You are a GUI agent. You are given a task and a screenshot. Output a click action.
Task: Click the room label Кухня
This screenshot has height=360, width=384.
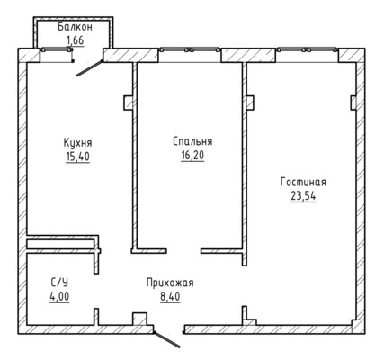pyautogui.click(x=77, y=143)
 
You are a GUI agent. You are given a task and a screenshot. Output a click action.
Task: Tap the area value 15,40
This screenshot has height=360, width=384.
pyautogui.click(x=77, y=157)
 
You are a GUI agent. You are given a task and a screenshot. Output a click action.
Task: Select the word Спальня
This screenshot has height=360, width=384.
pyautogui.click(x=192, y=141)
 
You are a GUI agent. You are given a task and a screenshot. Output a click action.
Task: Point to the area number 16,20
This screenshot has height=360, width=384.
pyautogui.click(x=192, y=155)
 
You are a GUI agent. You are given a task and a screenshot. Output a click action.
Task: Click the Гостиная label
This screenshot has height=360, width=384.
pyautogui.click(x=303, y=182)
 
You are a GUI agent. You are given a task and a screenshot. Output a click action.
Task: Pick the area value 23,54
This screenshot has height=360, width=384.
pyautogui.click(x=303, y=196)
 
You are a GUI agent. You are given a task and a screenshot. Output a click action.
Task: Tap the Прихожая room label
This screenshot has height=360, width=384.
pyautogui.click(x=170, y=283)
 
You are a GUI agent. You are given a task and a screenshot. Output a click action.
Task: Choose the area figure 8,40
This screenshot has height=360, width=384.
pyautogui.click(x=170, y=297)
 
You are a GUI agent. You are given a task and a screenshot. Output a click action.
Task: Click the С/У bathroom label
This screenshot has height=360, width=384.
pyautogui.click(x=59, y=283)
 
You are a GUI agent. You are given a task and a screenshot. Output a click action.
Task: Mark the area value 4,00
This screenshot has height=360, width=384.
pyautogui.click(x=59, y=296)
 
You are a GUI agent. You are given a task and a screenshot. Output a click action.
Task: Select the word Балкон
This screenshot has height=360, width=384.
pyautogui.click(x=76, y=27)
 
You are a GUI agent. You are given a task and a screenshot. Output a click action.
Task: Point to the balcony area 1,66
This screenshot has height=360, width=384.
pyautogui.click(x=75, y=40)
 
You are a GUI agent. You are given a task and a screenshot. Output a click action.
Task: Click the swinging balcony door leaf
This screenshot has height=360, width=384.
pyautogui.click(x=90, y=68)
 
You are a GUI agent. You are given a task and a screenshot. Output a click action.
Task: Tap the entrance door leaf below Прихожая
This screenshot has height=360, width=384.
pyautogui.click(x=166, y=339)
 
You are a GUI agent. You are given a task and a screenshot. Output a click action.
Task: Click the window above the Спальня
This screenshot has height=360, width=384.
pyautogui.click(x=190, y=50)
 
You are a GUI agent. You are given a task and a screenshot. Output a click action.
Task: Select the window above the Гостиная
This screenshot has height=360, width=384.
pyautogui.click(x=307, y=50)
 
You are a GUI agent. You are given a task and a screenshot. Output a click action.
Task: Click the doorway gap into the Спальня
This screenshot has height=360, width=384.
pyautogui.click(x=183, y=251)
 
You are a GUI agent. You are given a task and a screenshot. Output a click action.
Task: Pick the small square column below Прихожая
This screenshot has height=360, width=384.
pyautogui.click(x=139, y=319)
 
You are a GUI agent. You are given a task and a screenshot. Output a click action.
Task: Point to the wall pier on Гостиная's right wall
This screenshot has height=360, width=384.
pyautogui.click(x=353, y=103)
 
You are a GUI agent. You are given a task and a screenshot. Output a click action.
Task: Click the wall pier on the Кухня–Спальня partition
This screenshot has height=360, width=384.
pyautogui.click(x=129, y=103)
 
